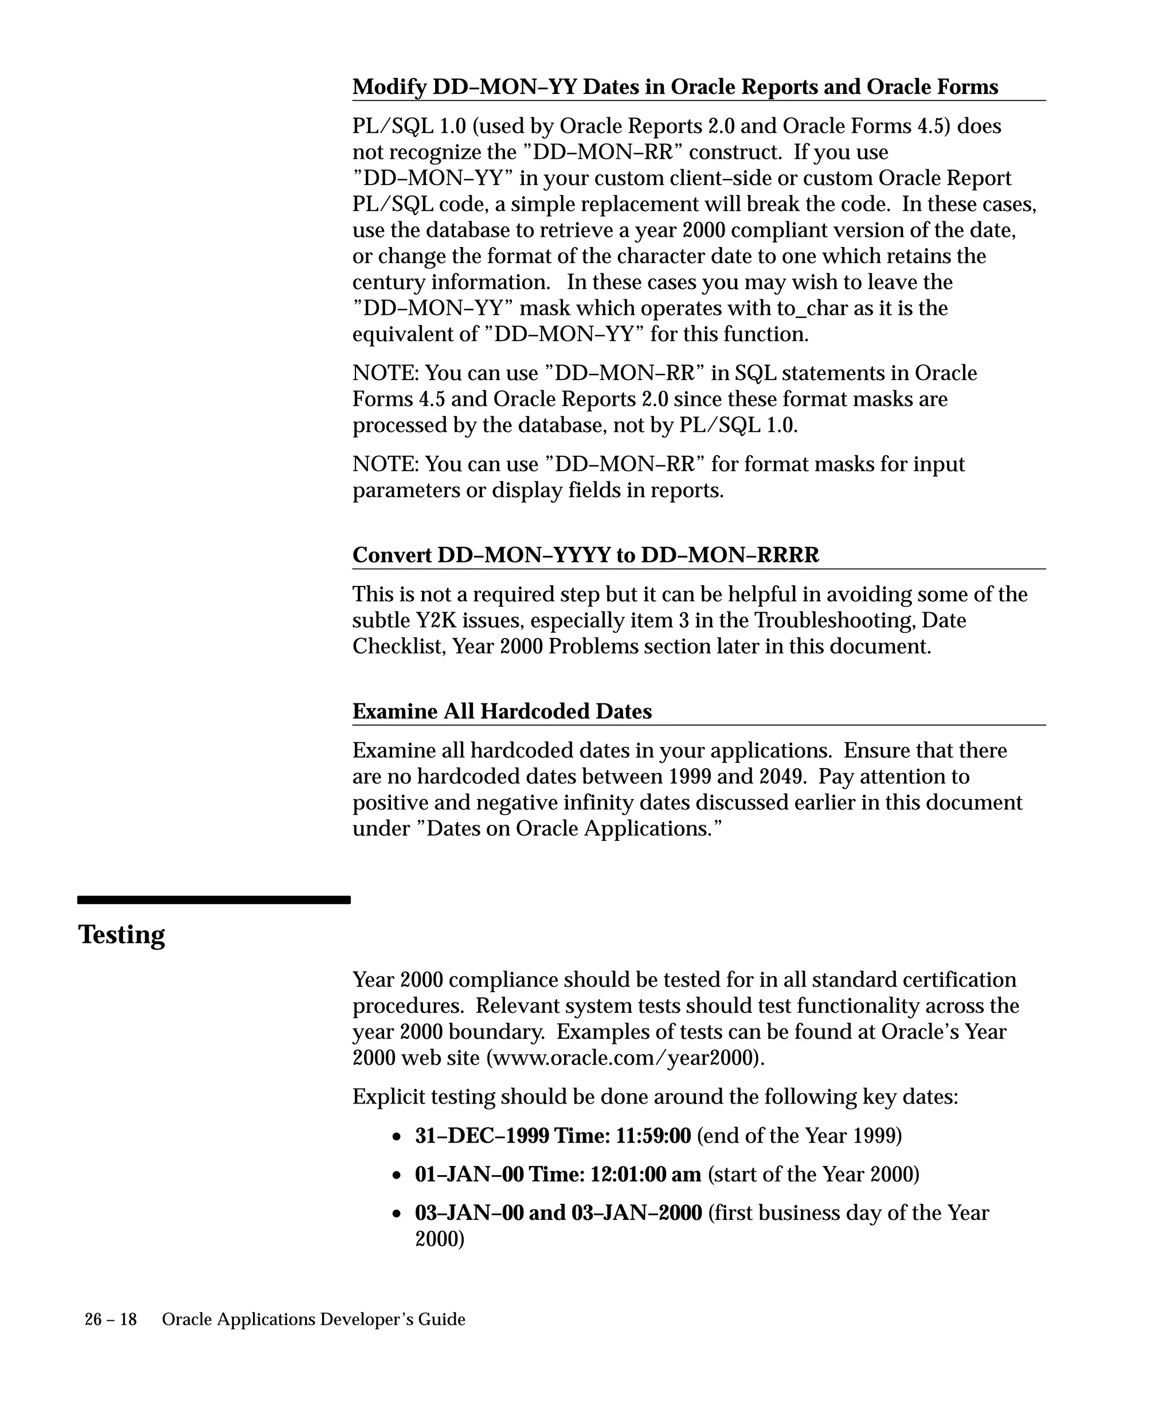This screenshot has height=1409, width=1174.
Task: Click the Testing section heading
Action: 122,934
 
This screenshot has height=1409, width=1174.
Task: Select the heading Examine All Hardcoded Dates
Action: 502,711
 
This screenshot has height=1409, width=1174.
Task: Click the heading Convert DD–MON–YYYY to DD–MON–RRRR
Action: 586,555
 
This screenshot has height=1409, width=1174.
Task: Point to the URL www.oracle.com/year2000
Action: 623,1058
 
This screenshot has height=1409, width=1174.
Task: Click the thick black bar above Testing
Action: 214,900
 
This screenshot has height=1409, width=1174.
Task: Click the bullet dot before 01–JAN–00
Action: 398,1176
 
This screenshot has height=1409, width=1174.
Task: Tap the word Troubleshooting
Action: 835,621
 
